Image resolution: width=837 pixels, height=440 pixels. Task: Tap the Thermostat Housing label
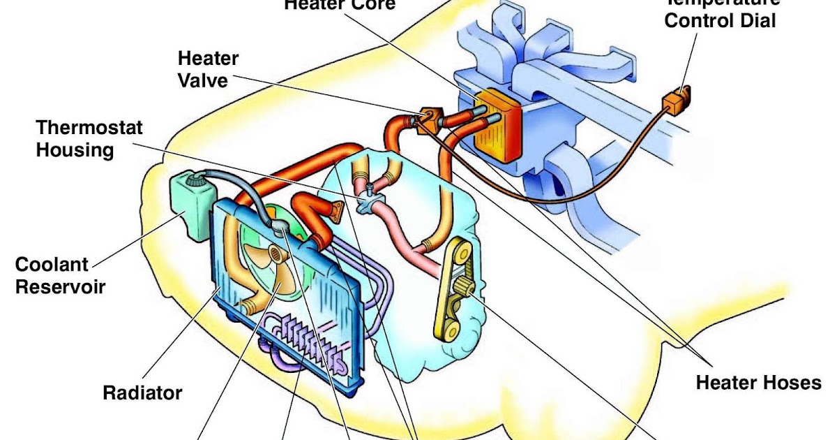tap(89, 138)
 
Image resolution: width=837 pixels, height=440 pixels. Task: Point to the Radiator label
tap(142, 393)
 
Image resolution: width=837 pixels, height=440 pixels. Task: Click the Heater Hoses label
tap(758, 383)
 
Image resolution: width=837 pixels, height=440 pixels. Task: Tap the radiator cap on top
tap(280, 225)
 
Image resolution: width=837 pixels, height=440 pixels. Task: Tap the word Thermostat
tap(89, 128)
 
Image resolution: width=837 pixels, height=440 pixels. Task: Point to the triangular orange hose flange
tap(338, 210)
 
